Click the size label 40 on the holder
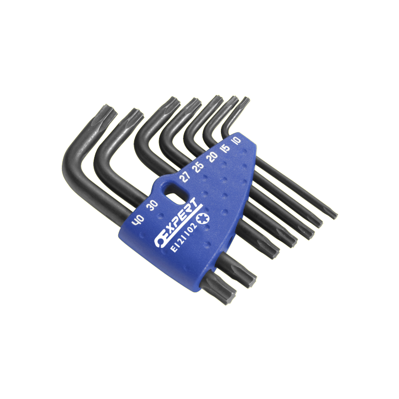point(138,220)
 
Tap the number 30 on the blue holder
point(153,205)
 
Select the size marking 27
point(185,177)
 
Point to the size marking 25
point(199,167)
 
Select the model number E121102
point(184,237)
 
